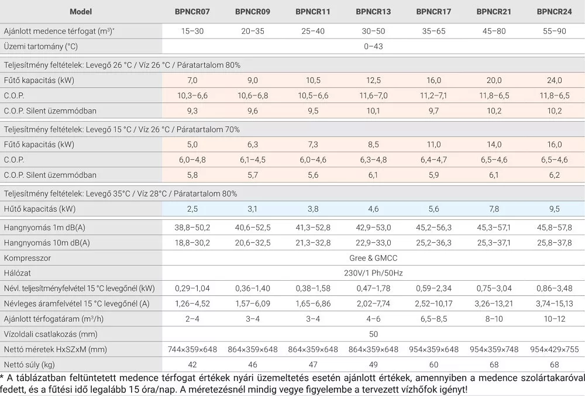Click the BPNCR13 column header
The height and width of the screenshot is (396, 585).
pyautogui.click(x=373, y=12)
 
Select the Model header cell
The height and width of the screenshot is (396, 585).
pyautogui.click(x=81, y=12)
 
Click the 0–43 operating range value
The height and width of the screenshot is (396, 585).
pyautogui.click(x=373, y=46)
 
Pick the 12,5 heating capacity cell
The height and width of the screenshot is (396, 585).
pyautogui.click(x=373, y=80)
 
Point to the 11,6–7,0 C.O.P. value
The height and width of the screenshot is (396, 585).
pyautogui.click(x=373, y=95)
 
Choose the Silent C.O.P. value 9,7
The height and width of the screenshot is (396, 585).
pyautogui.click(x=433, y=111)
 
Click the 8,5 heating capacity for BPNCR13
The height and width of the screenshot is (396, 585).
pyautogui.click(x=373, y=144)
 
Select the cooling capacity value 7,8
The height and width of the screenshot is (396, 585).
pyautogui.click(x=493, y=209)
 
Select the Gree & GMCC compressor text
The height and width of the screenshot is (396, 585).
pyautogui.click(x=373, y=258)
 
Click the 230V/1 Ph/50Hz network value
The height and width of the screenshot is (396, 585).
pyautogui.click(x=373, y=273)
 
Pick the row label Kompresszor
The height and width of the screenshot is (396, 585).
pyautogui.click(x=27, y=258)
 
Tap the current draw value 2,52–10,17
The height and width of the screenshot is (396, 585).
pyautogui.click(x=433, y=304)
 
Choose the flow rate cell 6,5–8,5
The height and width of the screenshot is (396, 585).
pyautogui.click(x=433, y=319)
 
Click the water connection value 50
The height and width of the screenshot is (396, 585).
pyautogui.click(x=373, y=334)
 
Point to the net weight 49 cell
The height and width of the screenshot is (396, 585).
pyautogui.click(x=373, y=364)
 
